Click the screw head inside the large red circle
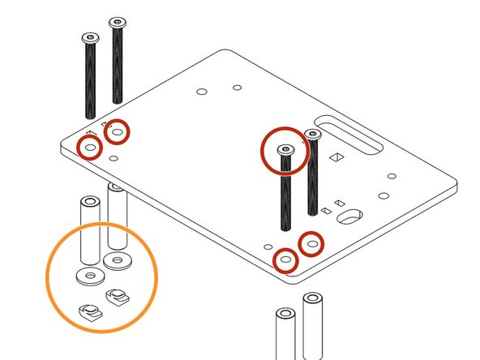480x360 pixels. coord(285,150)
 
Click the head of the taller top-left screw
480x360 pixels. coord(118,22)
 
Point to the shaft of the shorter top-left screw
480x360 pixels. coord(89,81)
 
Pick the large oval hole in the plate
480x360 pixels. coord(352,216)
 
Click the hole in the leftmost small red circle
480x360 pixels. coord(89,148)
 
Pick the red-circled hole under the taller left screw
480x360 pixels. coord(118,131)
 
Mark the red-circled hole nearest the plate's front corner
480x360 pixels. coord(285,260)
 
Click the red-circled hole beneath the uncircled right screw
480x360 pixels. coord(312,242)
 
